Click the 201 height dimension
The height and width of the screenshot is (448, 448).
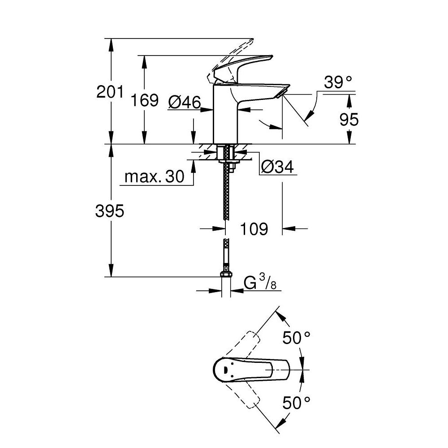click(109, 92)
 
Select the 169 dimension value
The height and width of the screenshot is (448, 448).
click(145, 100)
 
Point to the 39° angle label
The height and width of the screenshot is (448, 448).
click(338, 82)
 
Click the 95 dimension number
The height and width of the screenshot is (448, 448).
click(349, 120)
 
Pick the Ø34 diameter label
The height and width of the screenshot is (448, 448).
click(277, 167)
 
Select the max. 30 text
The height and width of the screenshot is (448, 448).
click(155, 177)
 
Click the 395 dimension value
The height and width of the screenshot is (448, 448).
click(109, 211)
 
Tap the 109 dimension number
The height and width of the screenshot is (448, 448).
click(254, 229)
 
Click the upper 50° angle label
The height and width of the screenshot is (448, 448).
click(296, 338)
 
